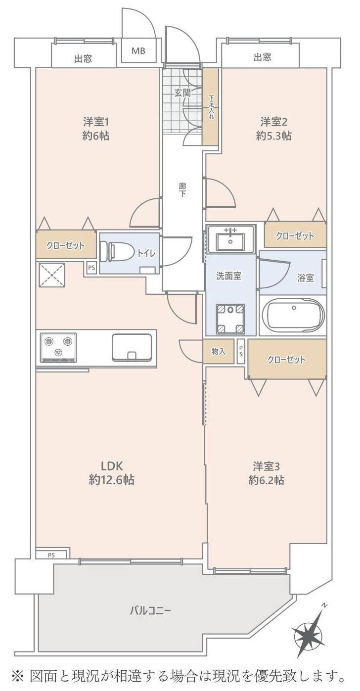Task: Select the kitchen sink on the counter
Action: pos(132,348)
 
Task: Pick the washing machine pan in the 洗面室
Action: pos(230,317)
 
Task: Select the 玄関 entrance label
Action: pos(182,92)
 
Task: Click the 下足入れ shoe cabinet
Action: pos(211,106)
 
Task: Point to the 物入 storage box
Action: pos(219,352)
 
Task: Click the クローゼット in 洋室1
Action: pos(65,245)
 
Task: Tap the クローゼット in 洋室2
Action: pos(295,236)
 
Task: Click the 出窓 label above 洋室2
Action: pos(262,58)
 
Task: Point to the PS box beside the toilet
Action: pos(91,268)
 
